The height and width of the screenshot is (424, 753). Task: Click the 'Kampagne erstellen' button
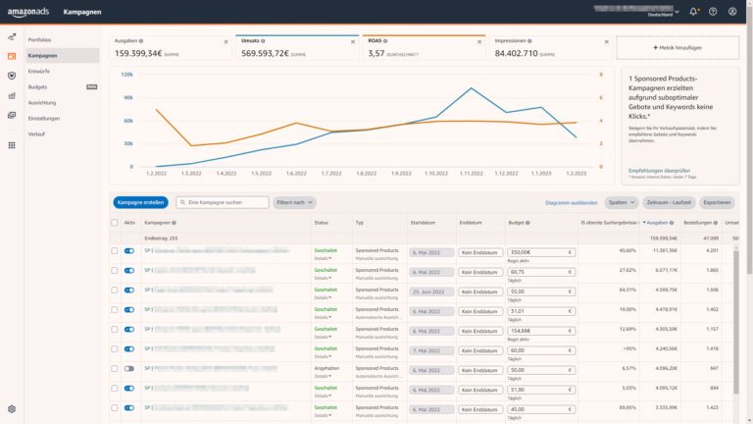click(140, 202)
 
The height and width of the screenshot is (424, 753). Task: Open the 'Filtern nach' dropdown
click(294, 202)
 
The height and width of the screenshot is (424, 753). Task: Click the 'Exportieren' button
click(717, 202)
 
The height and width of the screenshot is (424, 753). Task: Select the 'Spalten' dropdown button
click(620, 202)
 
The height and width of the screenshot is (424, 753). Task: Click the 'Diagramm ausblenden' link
click(571, 202)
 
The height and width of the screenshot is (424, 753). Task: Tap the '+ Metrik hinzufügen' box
click(678, 46)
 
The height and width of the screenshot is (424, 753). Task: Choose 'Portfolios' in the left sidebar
click(40, 39)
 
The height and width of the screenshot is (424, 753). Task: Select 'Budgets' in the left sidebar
click(38, 86)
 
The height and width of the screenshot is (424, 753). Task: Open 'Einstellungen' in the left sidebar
click(44, 118)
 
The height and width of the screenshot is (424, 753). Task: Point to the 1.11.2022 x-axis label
click(472, 173)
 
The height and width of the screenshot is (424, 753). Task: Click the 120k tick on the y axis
click(127, 74)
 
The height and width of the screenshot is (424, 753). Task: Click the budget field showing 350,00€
click(540, 251)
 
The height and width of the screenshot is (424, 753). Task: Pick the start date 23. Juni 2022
click(427, 291)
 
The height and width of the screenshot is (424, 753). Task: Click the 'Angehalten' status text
click(326, 368)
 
